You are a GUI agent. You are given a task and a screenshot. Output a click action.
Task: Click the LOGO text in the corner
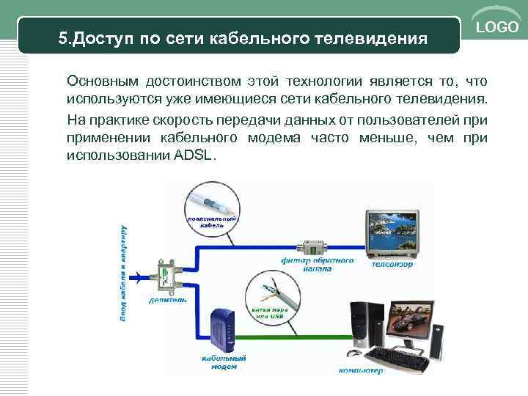click(498, 27)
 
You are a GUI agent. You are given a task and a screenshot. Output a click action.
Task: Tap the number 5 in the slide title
click(63, 37)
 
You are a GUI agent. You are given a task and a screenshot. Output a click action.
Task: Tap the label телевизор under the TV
click(393, 264)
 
